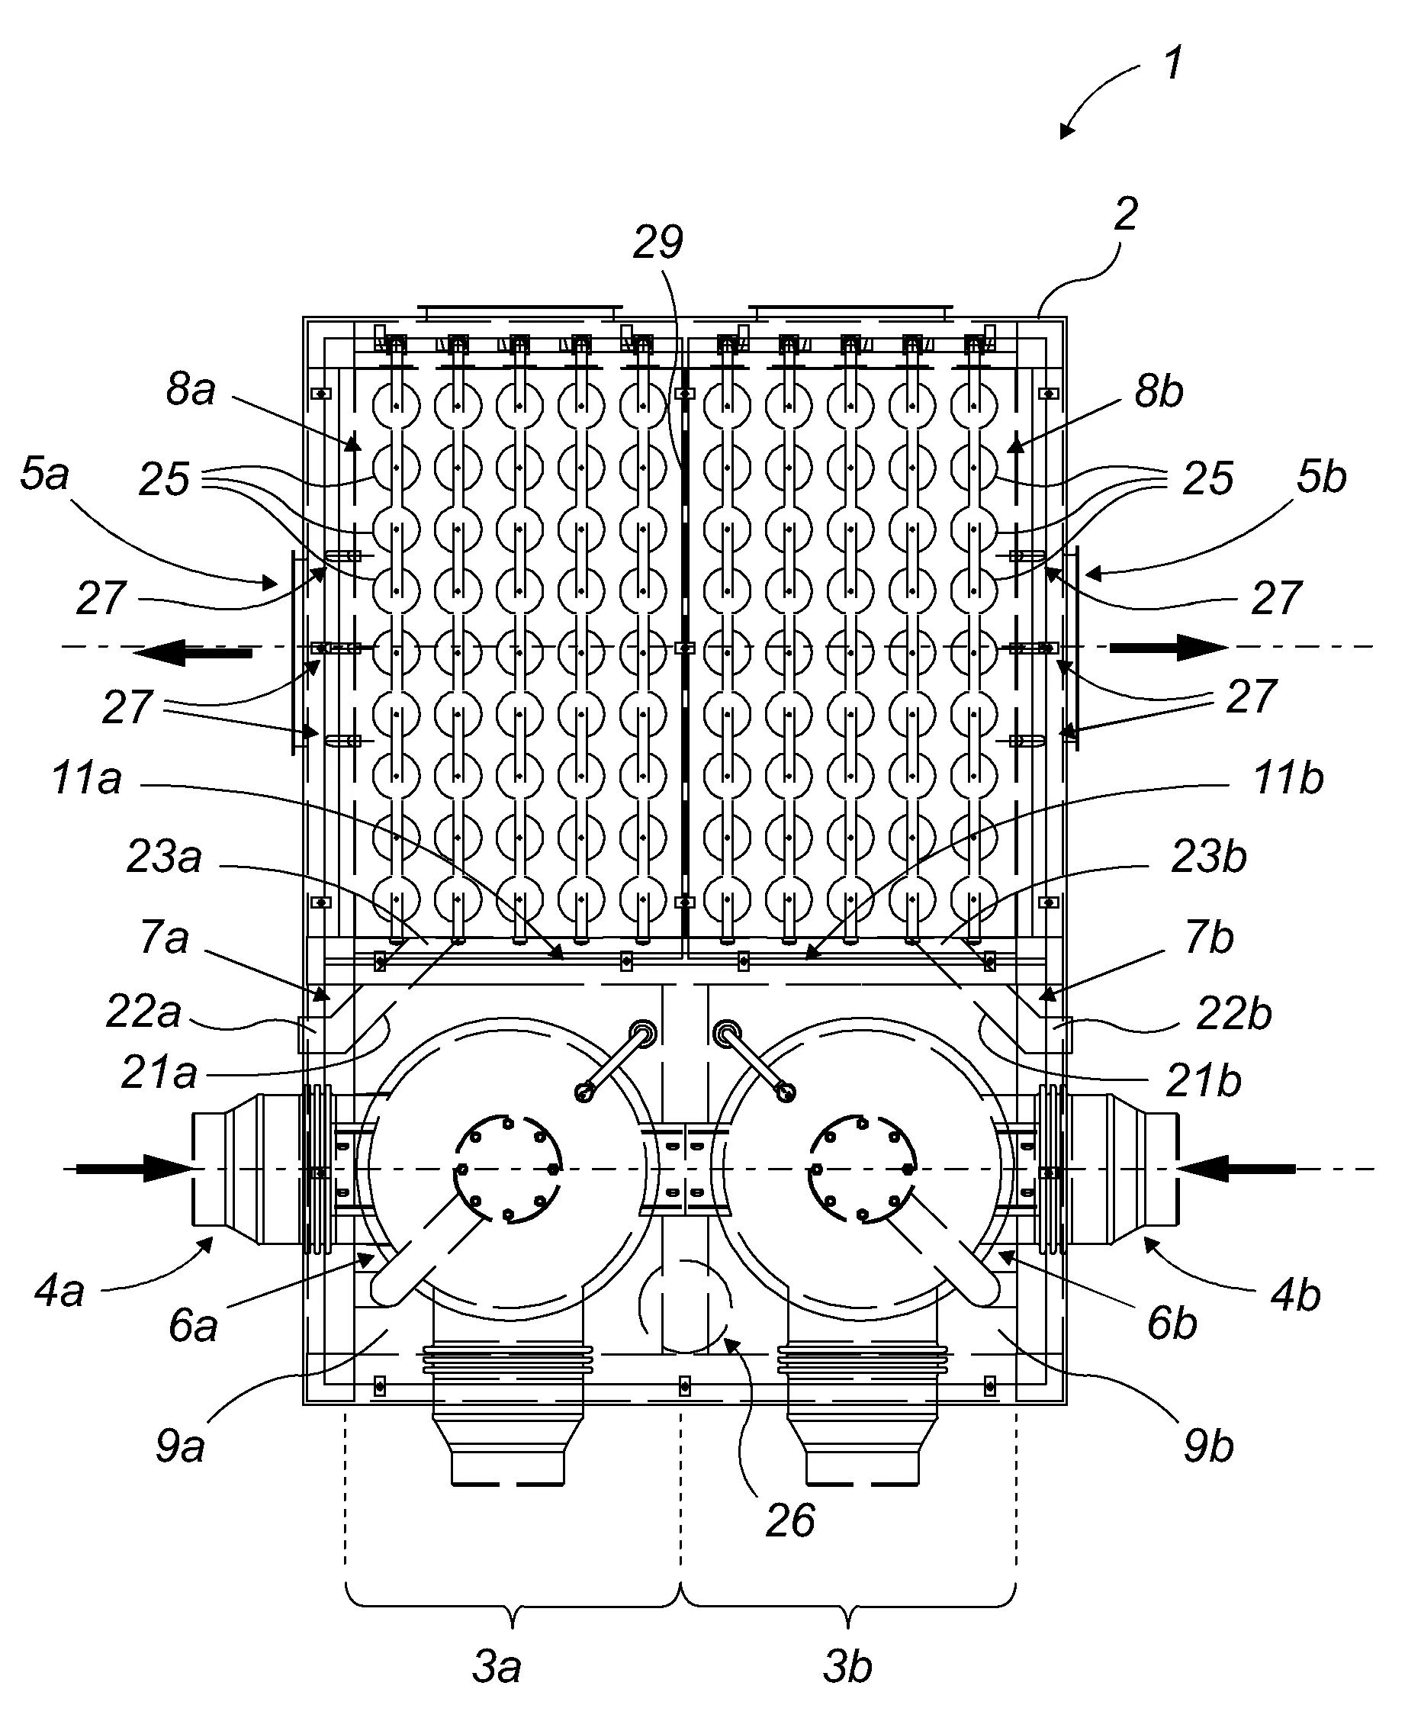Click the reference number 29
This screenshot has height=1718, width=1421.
[x=657, y=243]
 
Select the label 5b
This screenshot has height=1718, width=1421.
[x=1321, y=476]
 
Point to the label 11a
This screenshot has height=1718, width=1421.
[x=87, y=778]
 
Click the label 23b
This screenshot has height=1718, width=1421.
[x=1209, y=857]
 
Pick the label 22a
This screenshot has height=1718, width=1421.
[x=143, y=1012]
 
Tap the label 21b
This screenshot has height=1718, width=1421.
[x=1204, y=1082]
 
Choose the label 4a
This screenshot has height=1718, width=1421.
[x=59, y=1291]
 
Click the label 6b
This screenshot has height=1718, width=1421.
[x=1172, y=1324]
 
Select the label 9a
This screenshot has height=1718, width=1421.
[x=180, y=1447]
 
